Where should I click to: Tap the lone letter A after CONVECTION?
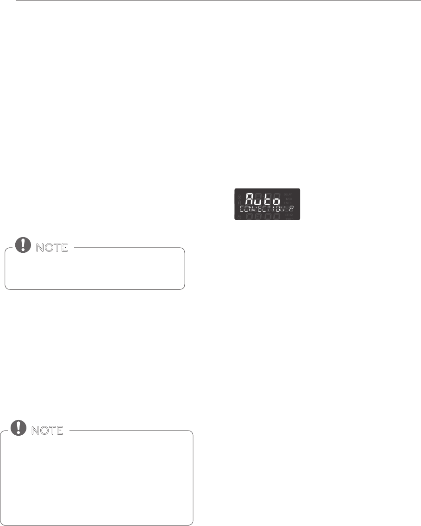[292, 209]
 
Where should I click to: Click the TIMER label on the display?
[288, 203]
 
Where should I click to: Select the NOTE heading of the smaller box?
[50, 248]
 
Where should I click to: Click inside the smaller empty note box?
[94, 271]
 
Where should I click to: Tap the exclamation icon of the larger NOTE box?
[18, 429]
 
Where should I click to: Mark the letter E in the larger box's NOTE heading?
[59, 431]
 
